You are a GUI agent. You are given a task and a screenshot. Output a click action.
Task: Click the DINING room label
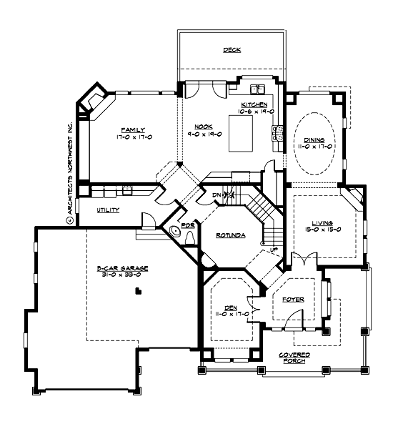[314, 139]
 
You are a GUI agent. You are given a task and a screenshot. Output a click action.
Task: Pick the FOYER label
[293, 300]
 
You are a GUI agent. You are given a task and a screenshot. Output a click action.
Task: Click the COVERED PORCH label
[294, 357]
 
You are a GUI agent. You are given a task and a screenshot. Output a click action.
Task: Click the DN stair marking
[217, 194]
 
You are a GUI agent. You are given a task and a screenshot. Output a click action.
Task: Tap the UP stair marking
[273, 249]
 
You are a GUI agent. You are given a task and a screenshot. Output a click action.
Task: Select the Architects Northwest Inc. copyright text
[70, 172]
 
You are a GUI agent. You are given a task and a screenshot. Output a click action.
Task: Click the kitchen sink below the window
[256, 89]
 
